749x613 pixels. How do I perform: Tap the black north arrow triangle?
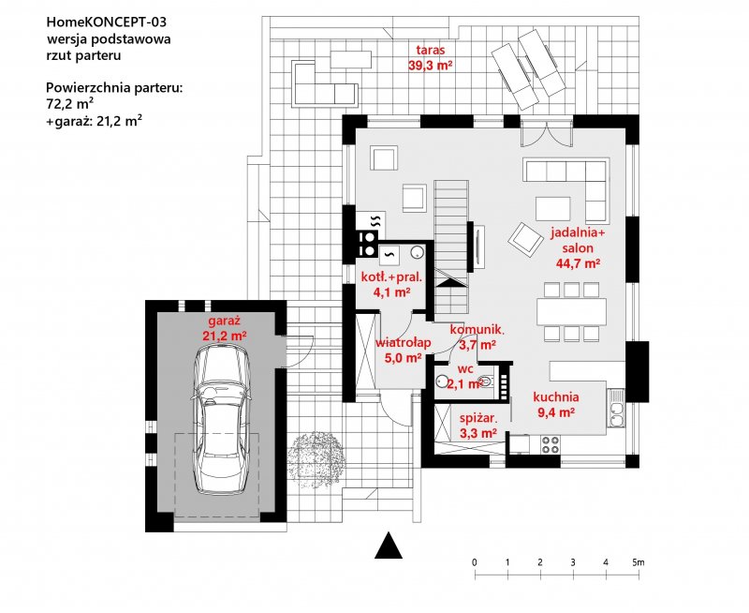click(x=389, y=546)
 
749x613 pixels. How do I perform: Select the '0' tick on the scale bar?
click(x=475, y=561)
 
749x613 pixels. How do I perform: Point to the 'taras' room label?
click(x=431, y=51)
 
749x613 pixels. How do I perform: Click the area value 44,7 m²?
click(x=578, y=263)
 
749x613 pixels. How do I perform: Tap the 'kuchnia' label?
click(x=556, y=396)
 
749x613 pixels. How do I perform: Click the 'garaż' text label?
click(x=225, y=320)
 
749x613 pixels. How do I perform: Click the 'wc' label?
click(x=464, y=369)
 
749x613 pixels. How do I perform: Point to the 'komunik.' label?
click(x=477, y=330)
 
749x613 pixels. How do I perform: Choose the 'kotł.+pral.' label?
click(x=392, y=277)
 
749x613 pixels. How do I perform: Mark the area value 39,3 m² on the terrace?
click(x=431, y=66)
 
